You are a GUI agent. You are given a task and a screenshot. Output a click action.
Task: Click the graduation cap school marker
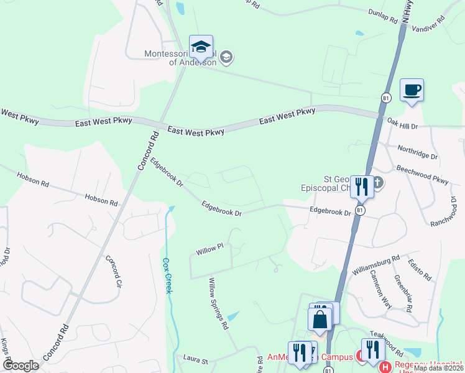(201, 47)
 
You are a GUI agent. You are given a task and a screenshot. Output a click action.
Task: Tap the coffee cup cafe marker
(412, 90)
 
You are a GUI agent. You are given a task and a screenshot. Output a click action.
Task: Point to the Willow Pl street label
(209, 249)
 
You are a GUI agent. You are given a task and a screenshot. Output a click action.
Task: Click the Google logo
(20, 365)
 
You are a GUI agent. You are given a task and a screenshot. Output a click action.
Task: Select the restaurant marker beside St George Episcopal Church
(361, 186)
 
